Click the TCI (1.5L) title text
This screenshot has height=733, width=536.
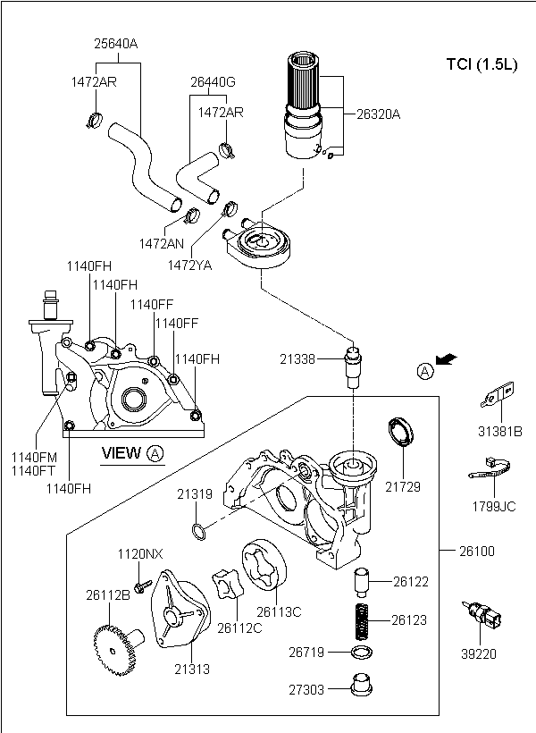click(481, 63)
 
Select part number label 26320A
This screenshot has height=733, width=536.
click(380, 114)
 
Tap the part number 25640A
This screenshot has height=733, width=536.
click(116, 42)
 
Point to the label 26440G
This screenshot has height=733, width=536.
click(213, 81)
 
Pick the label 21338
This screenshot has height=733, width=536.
click(297, 358)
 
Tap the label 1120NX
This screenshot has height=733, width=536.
click(140, 554)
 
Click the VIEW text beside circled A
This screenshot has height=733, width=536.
click(121, 453)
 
